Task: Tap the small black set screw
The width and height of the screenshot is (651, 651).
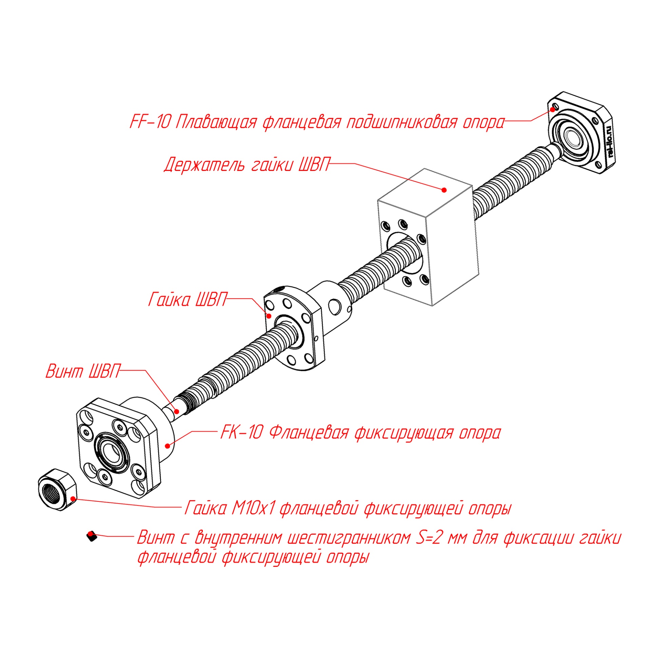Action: (91, 536)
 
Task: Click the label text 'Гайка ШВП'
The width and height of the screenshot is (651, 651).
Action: (187, 300)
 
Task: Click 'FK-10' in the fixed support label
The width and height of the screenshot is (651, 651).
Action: (242, 433)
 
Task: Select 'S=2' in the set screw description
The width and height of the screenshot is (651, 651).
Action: (428, 538)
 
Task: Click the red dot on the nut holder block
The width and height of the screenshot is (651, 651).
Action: (444, 190)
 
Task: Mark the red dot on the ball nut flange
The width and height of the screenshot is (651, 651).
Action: (269, 316)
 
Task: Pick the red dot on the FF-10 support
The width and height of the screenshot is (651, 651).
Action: (553, 109)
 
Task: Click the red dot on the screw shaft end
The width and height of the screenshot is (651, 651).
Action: (176, 412)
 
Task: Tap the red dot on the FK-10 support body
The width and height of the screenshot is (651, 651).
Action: (167, 446)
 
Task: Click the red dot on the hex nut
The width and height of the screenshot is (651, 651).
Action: (73, 498)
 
